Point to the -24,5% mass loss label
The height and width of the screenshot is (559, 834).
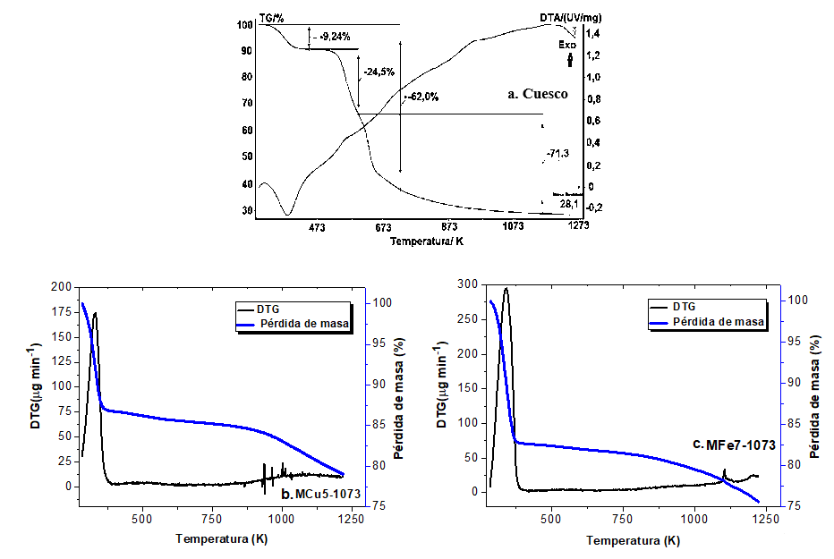click(379, 71)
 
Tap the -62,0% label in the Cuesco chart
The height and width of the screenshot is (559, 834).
click(422, 97)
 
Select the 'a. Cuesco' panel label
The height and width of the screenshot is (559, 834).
click(538, 94)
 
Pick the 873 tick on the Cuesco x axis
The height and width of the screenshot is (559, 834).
click(449, 227)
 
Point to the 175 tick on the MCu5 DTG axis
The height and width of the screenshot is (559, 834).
click(61, 312)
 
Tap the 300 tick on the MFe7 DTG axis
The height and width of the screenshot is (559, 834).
click(468, 284)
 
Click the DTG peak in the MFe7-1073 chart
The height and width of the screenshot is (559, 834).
click(506, 289)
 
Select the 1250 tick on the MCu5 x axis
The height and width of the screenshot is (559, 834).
click(352, 518)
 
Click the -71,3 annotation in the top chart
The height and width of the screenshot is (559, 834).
click(557, 154)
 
